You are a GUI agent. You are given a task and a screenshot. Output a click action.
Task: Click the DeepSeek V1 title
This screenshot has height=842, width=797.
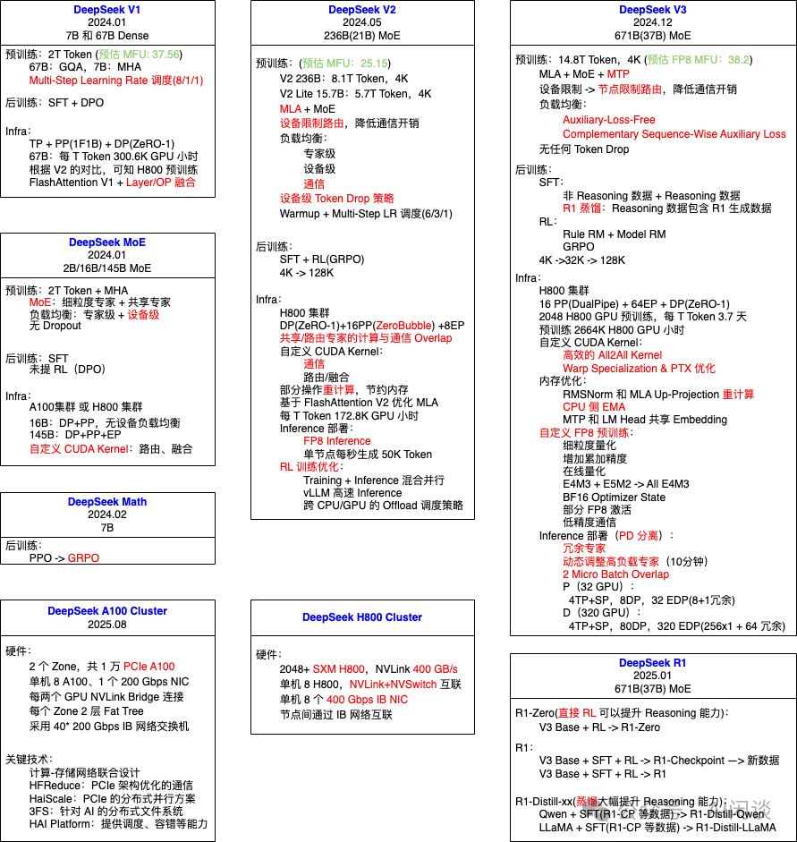click(x=107, y=10)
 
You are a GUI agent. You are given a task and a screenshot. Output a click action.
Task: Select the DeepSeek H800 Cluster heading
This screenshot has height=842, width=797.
click(x=362, y=617)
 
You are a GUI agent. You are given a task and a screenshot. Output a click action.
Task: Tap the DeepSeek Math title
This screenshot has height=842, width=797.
click(x=107, y=502)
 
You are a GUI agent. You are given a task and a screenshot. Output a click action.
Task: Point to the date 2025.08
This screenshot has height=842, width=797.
click(x=107, y=625)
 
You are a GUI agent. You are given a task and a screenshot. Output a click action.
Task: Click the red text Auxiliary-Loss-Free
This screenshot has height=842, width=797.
click(x=608, y=120)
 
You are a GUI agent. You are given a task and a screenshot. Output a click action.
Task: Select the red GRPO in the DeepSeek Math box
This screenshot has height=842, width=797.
click(x=84, y=557)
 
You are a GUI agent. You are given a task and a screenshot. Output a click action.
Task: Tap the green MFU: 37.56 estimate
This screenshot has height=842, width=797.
click(x=152, y=55)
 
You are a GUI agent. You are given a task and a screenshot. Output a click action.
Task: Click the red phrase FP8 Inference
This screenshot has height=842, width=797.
click(x=336, y=441)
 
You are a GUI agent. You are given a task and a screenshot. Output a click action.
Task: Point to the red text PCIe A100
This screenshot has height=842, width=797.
click(x=149, y=667)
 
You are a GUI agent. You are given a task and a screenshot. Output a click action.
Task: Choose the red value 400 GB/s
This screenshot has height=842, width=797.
click(x=436, y=669)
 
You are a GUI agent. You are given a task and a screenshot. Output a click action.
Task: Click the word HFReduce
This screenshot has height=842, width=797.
click(x=56, y=785)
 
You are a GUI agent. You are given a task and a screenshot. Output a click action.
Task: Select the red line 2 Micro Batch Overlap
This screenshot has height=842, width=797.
click(x=615, y=574)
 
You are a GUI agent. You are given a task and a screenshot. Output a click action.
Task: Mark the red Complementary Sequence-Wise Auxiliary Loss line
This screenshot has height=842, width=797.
click(x=674, y=134)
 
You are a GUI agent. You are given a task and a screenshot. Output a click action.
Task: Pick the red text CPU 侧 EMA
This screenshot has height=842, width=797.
click(x=595, y=407)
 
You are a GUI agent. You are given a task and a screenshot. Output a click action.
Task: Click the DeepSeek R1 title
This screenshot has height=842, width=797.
click(x=653, y=663)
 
